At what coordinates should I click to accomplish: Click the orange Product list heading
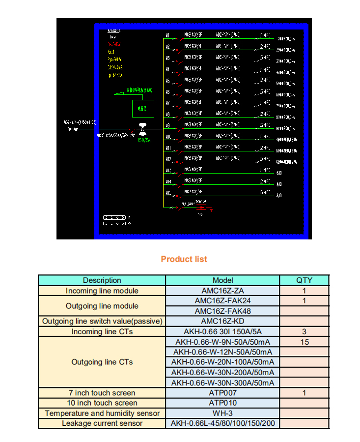point(184,259)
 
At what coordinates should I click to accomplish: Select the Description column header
point(102,280)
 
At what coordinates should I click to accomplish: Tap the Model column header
point(222,280)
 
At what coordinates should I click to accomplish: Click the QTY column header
point(304,280)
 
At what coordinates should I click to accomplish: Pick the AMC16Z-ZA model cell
point(222,291)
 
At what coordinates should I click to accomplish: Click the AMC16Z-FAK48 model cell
point(222,311)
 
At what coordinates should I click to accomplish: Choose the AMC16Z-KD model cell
point(222,322)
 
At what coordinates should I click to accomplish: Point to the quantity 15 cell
point(304,342)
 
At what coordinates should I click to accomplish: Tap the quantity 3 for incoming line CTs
point(304,332)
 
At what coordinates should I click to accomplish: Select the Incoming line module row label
point(102,291)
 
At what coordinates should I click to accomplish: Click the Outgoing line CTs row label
point(102,362)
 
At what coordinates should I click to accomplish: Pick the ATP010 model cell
point(222,403)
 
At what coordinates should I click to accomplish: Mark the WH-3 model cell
point(222,413)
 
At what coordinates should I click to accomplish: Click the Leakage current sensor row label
point(102,423)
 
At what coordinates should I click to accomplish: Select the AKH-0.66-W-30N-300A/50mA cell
point(222,383)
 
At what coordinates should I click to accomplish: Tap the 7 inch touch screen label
point(102,393)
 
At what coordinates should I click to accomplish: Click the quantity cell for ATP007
point(304,393)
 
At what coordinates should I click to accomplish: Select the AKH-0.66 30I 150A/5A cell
point(222,332)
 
